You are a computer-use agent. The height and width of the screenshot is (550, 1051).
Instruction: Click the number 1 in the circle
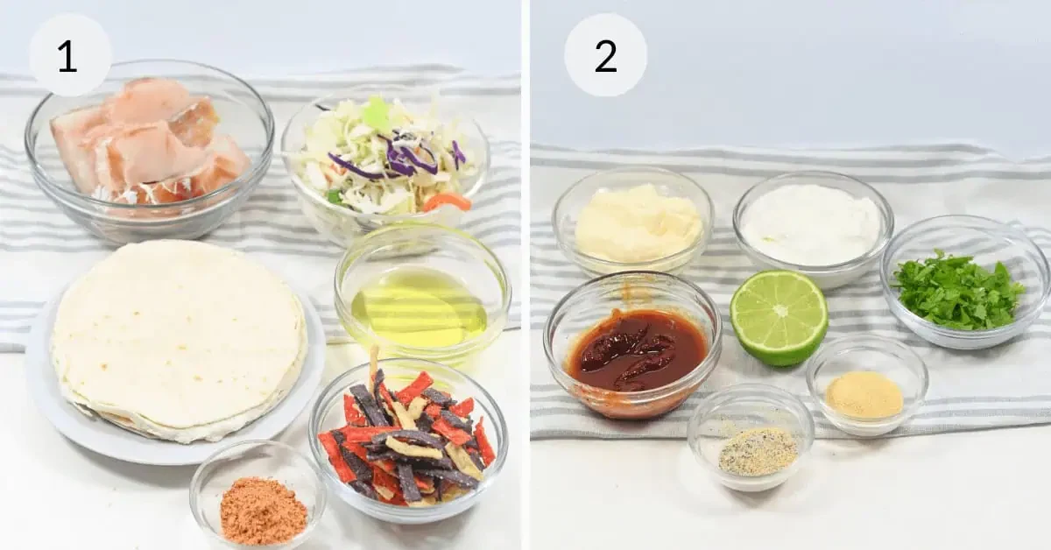67,56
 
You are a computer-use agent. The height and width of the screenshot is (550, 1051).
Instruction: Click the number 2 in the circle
606,56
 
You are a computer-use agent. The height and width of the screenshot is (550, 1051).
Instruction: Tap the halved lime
779,318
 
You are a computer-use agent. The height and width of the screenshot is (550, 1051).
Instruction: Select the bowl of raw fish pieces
149,149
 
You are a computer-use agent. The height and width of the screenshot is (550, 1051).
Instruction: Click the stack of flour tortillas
179,340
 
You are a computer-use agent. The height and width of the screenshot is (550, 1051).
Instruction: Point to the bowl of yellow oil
421,295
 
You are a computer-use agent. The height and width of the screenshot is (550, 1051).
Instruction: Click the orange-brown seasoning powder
264,510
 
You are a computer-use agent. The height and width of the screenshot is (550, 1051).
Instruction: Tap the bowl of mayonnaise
632,222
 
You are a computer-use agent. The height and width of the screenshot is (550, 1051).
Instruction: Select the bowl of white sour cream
813,229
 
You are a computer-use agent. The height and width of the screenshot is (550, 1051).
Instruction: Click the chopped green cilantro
957,292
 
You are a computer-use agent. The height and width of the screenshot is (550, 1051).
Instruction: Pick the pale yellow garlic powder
864,394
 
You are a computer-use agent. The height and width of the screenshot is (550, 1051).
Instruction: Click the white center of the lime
779,311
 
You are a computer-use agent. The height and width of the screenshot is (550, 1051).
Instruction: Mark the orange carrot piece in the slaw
447,201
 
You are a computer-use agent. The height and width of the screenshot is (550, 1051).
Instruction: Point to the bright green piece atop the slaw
376,114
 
